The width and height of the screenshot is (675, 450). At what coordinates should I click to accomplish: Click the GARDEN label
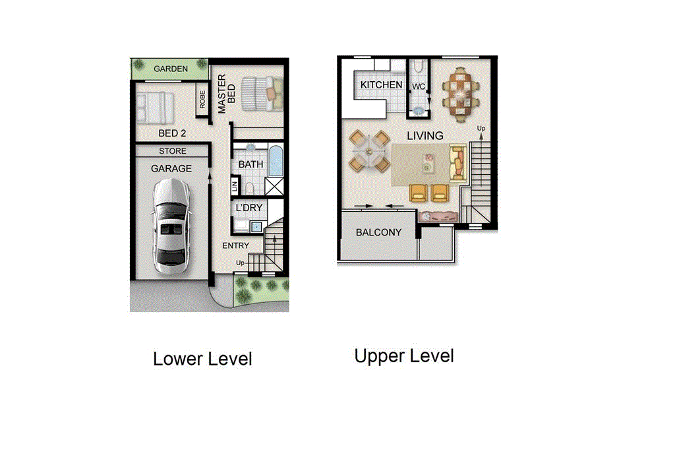coord(170,69)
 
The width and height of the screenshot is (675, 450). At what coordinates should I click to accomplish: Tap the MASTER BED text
coord(227,94)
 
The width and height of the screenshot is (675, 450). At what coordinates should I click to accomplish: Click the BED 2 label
coord(172,133)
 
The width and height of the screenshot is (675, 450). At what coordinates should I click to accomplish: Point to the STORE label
coord(172,151)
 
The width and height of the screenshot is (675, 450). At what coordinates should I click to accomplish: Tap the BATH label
coord(250,164)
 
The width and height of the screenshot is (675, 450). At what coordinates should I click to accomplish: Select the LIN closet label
coord(235,187)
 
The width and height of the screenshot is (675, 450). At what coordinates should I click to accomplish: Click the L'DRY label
coord(249,208)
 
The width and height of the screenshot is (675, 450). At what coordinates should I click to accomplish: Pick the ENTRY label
coord(235,245)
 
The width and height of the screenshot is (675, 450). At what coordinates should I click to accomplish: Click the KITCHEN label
coord(381,85)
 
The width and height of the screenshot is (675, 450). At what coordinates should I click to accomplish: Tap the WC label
coord(418,86)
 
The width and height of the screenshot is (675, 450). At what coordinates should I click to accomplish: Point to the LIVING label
coord(425,136)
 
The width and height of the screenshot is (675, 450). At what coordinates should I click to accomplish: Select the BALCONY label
coord(378,232)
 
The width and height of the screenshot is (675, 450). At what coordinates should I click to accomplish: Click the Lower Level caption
coord(202,360)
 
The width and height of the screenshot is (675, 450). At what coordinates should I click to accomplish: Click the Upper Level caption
coord(404,356)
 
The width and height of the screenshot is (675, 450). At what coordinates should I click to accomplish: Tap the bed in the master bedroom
coord(262,93)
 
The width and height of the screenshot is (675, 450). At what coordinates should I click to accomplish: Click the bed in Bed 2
coord(156,108)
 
